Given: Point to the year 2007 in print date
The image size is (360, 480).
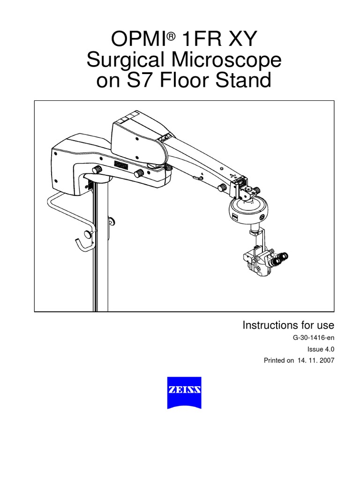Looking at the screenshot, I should (x=324, y=361).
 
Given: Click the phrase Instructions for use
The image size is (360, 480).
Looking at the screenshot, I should (x=288, y=325).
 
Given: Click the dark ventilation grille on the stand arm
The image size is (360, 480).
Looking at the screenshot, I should (x=121, y=165).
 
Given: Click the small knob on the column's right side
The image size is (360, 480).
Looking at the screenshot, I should (x=112, y=220).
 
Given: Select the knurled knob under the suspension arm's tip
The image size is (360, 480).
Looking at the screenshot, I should (x=220, y=187).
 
